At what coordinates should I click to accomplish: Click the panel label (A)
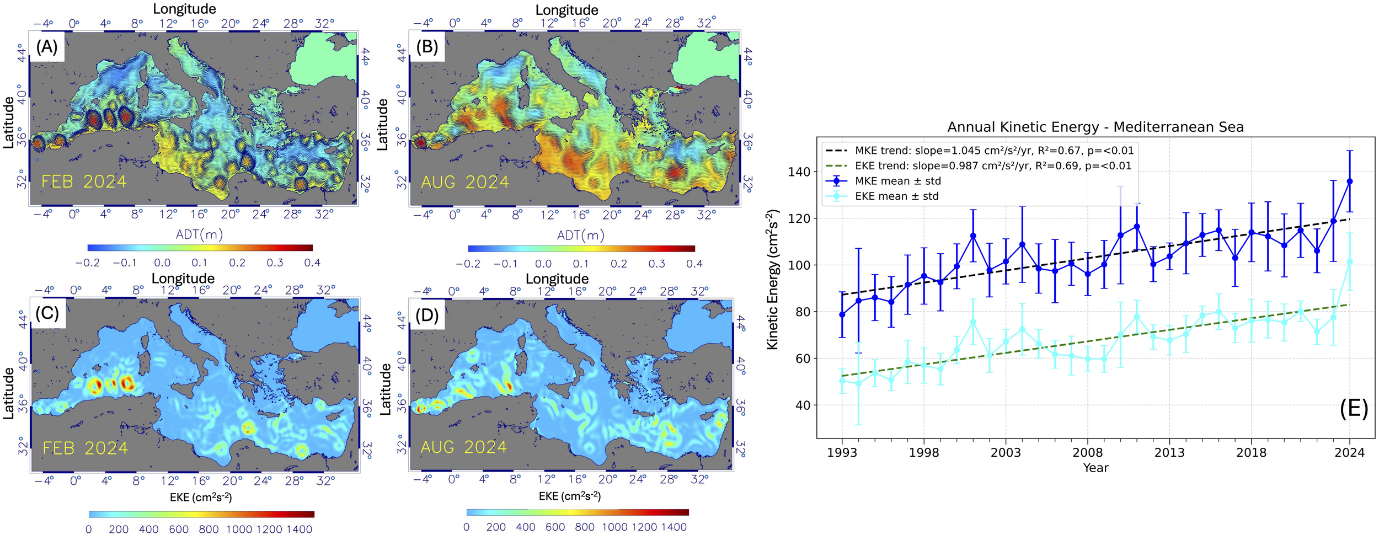pos(46,47)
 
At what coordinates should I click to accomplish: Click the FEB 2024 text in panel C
pos(85,448)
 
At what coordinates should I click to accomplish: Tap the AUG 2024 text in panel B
pos(464,182)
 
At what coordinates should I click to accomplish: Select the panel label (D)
pos(426,315)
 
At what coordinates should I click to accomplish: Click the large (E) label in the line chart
pos(1354,409)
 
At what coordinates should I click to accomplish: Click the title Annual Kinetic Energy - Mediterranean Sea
pos(1095,127)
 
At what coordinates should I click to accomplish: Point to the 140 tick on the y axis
pos(799,172)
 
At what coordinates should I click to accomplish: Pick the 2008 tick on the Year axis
pos(1087,453)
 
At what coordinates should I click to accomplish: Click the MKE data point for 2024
pos(1349,181)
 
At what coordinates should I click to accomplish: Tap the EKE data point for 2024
pos(1349,262)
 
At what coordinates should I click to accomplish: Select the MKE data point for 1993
pos(842,314)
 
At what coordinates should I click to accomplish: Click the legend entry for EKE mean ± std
pos(896,196)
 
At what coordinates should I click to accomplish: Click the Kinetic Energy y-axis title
pos(773,279)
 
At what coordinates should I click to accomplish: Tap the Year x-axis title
pos(1095,468)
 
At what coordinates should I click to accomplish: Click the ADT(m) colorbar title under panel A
pos(199,235)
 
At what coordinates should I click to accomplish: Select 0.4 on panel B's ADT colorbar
pos(694,264)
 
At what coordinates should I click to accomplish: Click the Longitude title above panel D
pos(557,279)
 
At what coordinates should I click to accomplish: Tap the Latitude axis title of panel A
pos(8,122)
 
